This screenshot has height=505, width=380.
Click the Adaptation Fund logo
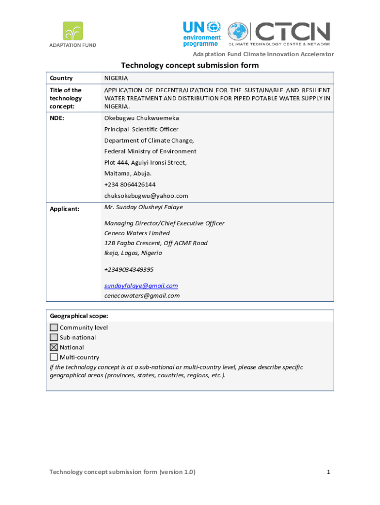tap(72, 34)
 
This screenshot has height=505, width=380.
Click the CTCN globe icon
tap(238, 33)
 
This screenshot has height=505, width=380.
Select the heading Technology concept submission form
tap(190, 66)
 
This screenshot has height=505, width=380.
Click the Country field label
tap(61, 78)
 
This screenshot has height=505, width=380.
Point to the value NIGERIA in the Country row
tap(116, 78)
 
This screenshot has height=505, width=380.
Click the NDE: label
tap(58, 118)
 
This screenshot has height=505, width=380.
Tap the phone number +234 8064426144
tap(130, 184)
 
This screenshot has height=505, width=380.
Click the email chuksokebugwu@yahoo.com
tap(146, 196)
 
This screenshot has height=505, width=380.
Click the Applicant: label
tap(65, 209)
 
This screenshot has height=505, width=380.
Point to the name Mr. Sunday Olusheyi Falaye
tap(144, 207)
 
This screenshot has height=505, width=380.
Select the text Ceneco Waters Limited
tap(137, 233)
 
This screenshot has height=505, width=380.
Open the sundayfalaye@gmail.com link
tap(141, 286)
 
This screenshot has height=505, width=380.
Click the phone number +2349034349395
tap(129, 269)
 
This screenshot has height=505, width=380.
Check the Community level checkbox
tap(54, 327)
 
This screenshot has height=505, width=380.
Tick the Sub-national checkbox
tap(54, 337)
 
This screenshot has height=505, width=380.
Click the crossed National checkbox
tap(54, 347)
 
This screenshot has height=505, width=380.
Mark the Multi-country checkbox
tap(54, 357)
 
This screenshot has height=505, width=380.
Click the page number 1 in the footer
tap(328, 472)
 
